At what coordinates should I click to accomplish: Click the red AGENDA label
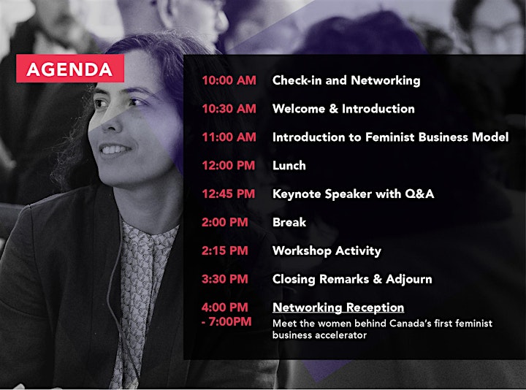(x=70, y=69)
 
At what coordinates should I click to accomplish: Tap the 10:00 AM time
(x=229, y=80)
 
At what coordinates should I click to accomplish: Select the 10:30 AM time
(x=229, y=109)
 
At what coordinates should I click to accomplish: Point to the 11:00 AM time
(x=229, y=137)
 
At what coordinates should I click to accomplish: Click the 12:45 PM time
(x=229, y=194)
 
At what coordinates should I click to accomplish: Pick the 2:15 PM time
(x=225, y=251)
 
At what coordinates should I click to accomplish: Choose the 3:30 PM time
(x=225, y=279)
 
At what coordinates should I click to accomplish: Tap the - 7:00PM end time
(x=226, y=321)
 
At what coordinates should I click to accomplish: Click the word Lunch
(x=289, y=165)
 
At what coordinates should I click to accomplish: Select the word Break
(x=289, y=222)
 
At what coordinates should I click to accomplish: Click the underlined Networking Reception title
(x=338, y=307)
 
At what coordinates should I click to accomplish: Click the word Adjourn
(x=409, y=280)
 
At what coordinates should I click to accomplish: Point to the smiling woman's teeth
(x=113, y=149)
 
